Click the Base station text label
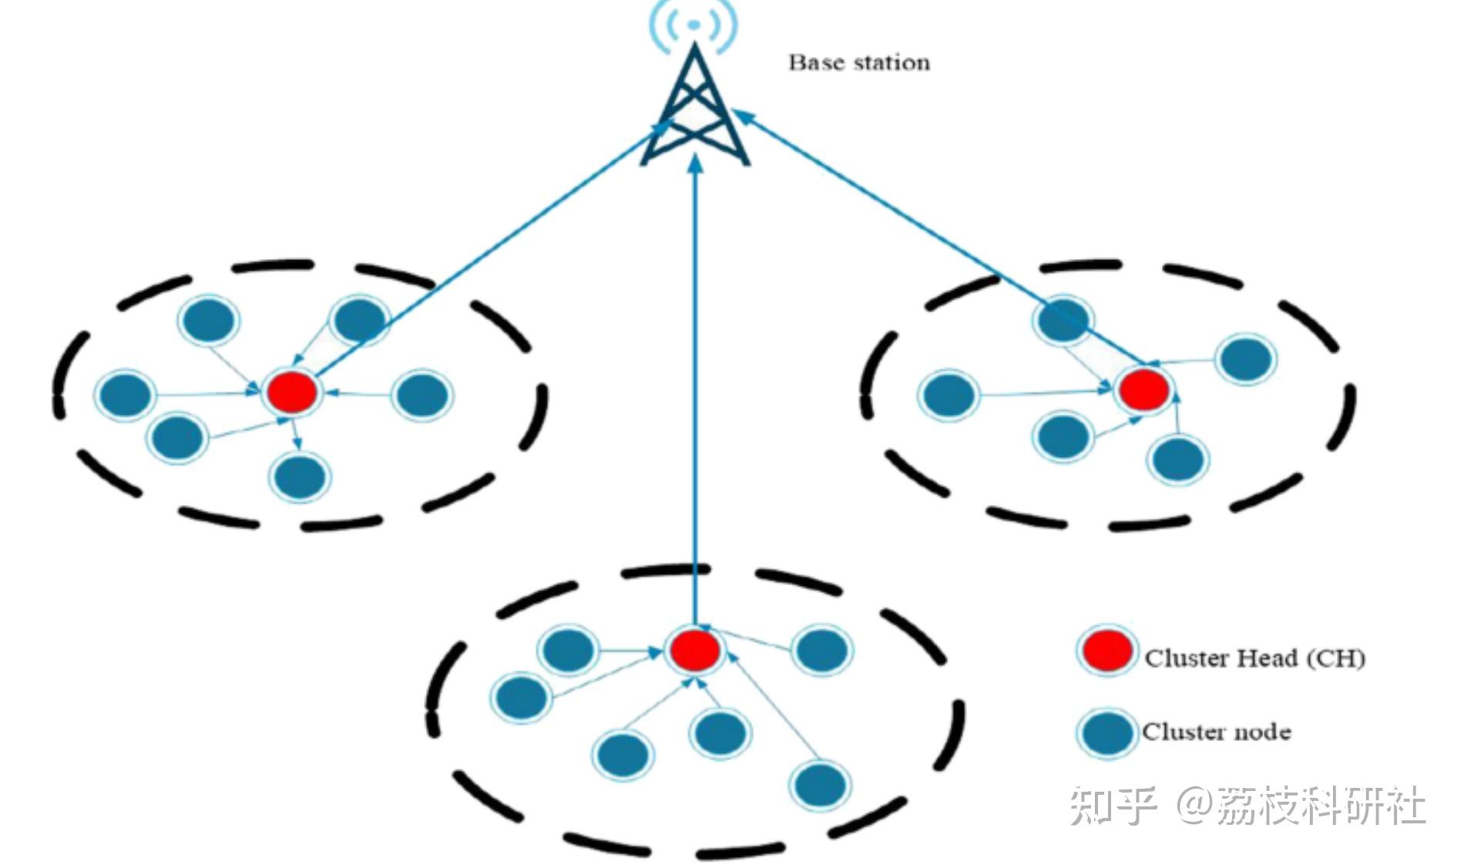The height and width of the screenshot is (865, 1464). tap(858, 62)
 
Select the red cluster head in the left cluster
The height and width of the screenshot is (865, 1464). tap(292, 392)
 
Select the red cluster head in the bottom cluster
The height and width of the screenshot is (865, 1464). tap(694, 650)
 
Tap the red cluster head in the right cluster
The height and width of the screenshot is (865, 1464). tap(1143, 389)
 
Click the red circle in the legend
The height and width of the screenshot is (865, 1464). tap(1106, 651)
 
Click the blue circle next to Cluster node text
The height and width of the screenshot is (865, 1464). tap(1106, 732)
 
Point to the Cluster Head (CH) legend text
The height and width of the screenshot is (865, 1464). tap(1254, 658)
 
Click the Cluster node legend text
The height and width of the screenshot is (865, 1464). tap(1216, 732)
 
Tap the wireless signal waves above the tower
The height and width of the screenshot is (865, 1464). tap(693, 25)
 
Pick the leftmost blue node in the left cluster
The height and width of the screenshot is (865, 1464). tap(126, 394)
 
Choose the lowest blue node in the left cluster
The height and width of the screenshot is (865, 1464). tap(300, 476)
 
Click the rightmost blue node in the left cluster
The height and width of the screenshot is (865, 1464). tap(421, 395)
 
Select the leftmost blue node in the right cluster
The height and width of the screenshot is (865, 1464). tap(949, 394)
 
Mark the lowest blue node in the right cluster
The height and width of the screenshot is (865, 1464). tap(1177, 459)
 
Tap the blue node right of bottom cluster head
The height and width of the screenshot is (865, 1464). tap(822, 650)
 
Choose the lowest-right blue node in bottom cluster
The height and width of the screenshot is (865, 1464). tap(821, 784)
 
